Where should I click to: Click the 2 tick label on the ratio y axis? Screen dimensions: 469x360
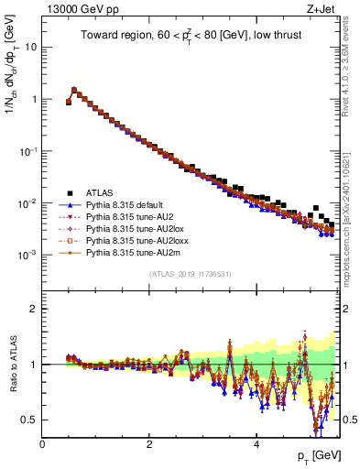coord(34,309)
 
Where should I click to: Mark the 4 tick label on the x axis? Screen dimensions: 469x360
coord(257,444)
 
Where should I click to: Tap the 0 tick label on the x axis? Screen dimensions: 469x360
coord(42,444)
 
